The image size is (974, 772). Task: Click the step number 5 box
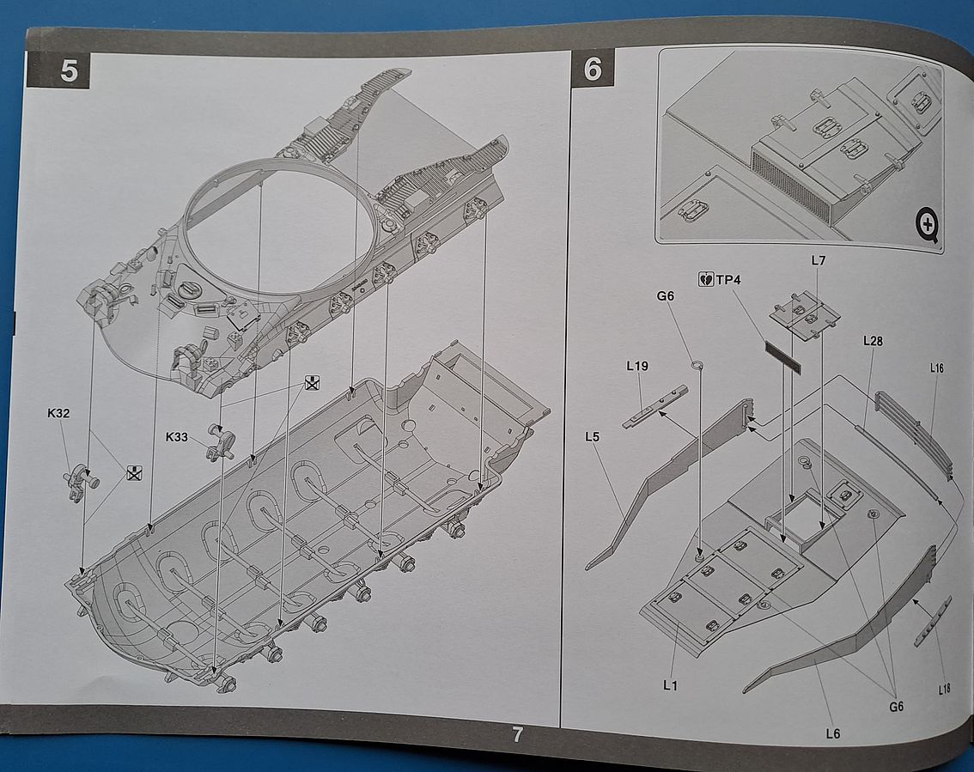click(69, 70)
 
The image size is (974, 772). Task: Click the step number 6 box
click(593, 67)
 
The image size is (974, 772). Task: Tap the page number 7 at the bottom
click(517, 735)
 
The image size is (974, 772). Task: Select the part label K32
click(58, 413)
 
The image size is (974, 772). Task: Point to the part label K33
click(178, 437)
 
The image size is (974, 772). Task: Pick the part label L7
click(818, 259)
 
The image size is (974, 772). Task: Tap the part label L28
click(873, 341)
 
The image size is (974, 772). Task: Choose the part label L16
click(936, 368)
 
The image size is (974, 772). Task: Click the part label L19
click(637, 366)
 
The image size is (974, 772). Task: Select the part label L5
click(592, 437)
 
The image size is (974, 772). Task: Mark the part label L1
click(670, 684)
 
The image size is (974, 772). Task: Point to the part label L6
click(831, 732)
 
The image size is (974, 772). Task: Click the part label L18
click(945, 689)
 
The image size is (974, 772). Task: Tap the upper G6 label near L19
click(666, 296)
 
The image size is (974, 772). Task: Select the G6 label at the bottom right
click(896, 706)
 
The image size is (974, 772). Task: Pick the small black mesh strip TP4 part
click(782, 357)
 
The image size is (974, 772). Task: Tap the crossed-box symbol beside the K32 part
click(133, 471)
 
